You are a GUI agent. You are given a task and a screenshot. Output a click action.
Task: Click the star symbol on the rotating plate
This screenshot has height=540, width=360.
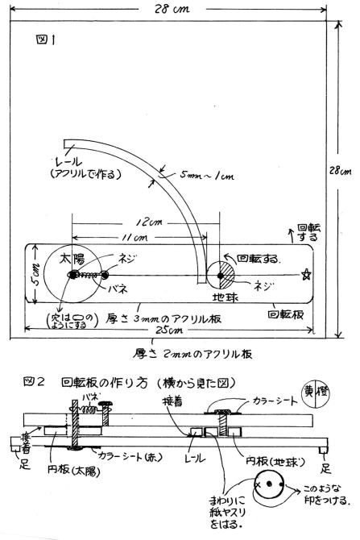[x=306, y=275]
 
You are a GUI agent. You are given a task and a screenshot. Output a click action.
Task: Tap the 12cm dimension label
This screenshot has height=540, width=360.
[x=149, y=222]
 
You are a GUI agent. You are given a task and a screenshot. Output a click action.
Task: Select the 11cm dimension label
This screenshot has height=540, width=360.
[x=135, y=237]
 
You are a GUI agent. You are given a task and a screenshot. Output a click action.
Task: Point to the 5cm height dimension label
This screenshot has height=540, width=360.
[x=36, y=275]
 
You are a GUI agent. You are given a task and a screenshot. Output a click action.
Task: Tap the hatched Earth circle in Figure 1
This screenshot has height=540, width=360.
[x=220, y=275]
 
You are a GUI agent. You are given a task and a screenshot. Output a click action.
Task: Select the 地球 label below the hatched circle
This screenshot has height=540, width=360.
[x=225, y=297]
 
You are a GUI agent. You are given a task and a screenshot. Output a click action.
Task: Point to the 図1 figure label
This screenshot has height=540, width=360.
[x=45, y=40]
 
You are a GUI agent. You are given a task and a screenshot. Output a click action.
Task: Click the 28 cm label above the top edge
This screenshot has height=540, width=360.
[x=172, y=8]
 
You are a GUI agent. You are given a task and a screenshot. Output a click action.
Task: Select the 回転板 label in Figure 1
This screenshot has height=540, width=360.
[x=286, y=315]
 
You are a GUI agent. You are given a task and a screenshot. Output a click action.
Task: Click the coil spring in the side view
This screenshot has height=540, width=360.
[x=89, y=409]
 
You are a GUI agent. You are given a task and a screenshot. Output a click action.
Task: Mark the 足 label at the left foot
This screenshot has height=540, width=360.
[x=24, y=464]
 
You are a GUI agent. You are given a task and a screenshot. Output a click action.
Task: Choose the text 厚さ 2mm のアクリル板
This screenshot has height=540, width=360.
[x=192, y=354]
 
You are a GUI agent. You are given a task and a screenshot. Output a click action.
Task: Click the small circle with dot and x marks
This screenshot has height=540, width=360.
[x=269, y=484]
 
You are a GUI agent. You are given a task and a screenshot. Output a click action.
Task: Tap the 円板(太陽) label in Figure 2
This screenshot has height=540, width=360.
[x=73, y=470]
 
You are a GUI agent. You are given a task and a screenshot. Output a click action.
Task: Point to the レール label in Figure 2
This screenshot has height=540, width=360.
[x=195, y=457]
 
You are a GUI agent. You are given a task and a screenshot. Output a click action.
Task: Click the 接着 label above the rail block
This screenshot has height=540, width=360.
[x=173, y=401]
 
